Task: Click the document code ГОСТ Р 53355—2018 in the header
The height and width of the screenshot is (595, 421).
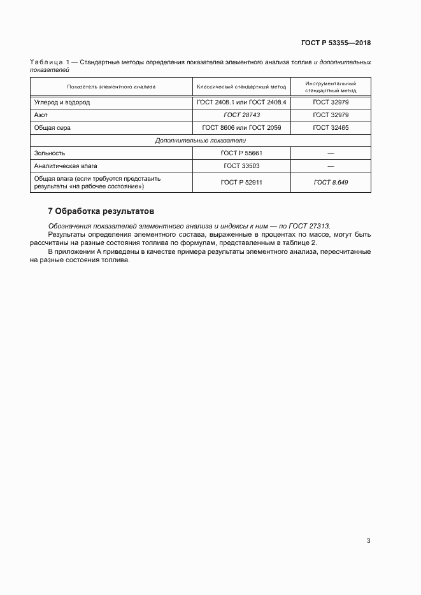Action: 336,43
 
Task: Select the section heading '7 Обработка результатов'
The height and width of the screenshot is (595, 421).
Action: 101,211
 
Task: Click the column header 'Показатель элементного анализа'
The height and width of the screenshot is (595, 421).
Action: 111,87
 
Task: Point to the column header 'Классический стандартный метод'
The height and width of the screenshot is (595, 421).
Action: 241,87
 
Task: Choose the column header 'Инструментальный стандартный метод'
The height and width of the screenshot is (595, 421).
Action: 331,87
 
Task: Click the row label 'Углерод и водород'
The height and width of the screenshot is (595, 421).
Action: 62,102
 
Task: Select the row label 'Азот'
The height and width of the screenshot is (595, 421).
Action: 41,115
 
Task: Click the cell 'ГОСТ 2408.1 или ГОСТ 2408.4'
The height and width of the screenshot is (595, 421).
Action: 241,102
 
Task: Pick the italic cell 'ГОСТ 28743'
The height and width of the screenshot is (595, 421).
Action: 241,115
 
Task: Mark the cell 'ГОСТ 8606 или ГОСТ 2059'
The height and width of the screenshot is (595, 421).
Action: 241,128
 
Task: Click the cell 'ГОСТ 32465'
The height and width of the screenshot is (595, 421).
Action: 331,128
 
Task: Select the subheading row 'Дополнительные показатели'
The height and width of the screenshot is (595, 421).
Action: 201,140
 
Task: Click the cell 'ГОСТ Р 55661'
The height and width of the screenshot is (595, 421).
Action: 241,153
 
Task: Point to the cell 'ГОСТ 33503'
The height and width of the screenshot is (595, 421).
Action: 241,166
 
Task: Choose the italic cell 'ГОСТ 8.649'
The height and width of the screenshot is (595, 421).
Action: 331,183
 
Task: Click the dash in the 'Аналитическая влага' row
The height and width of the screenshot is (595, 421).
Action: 331,166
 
